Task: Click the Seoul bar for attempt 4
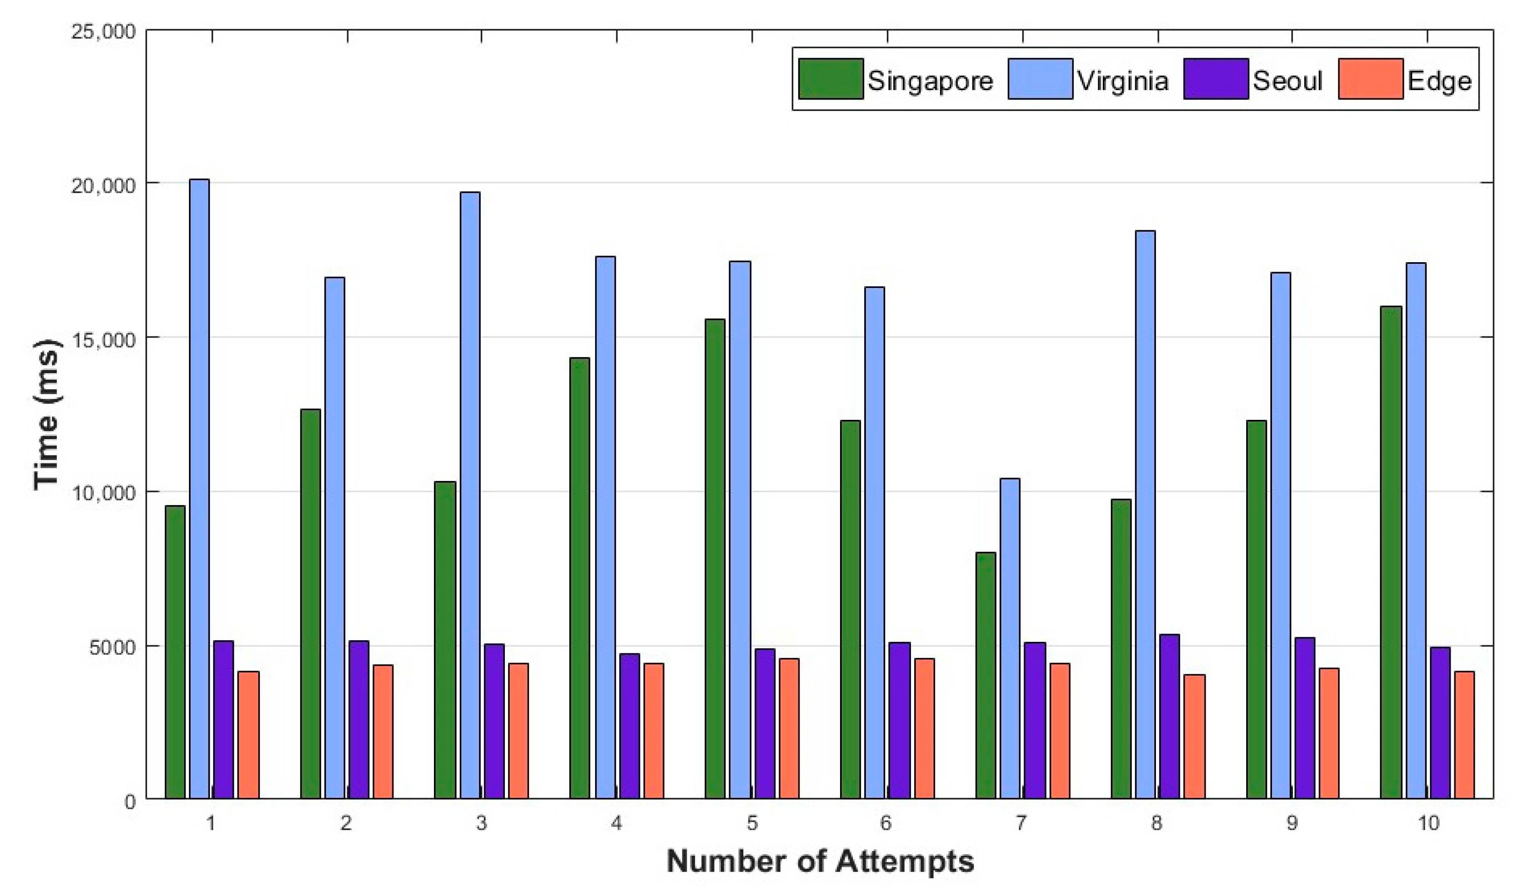click(629, 726)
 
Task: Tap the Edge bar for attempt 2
click(383, 731)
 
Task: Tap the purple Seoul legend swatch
click(1215, 79)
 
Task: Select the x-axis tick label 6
click(886, 823)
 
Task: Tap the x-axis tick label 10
click(1428, 823)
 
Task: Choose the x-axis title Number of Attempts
click(820, 861)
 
